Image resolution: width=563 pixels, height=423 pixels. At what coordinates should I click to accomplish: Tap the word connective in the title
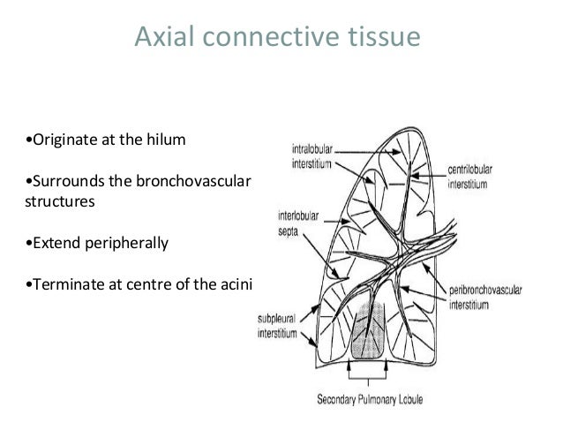pos(270,38)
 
